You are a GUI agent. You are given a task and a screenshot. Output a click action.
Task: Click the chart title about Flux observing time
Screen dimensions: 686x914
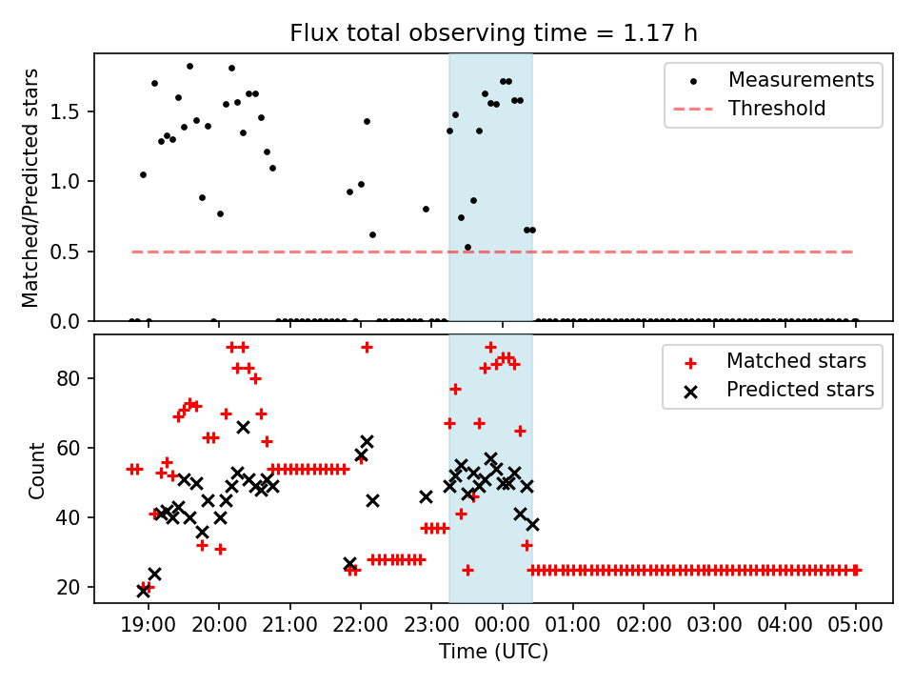(x=493, y=33)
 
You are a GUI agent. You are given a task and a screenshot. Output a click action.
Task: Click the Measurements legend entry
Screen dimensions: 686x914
(x=801, y=80)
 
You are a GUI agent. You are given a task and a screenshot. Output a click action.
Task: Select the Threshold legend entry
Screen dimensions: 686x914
(x=777, y=109)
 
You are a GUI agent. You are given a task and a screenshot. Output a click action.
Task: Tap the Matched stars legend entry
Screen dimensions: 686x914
(x=796, y=361)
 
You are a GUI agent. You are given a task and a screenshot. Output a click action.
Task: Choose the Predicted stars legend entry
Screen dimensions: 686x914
(x=800, y=389)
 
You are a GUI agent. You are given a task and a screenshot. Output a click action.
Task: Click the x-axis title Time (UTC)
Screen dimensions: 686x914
(x=493, y=653)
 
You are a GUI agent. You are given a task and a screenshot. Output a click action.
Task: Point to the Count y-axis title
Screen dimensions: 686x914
(x=37, y=469)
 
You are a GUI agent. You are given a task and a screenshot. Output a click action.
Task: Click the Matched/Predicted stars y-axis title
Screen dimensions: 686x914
(x=31, y=188)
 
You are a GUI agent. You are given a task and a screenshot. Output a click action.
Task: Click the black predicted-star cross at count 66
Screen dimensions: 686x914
(x=243, y=427)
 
